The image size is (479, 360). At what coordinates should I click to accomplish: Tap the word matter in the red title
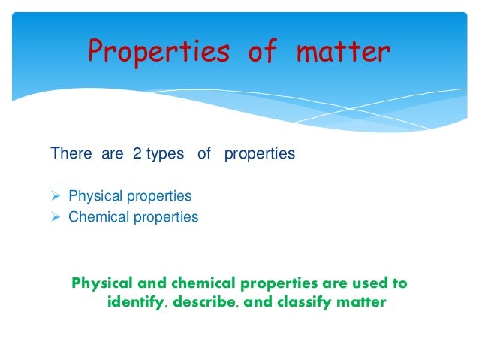point(343,52)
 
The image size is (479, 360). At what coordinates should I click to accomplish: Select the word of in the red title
point(260,52)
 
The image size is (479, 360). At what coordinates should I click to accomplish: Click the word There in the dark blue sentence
point(71,154)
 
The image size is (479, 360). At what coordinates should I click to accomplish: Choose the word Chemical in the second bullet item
point(98,217)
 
